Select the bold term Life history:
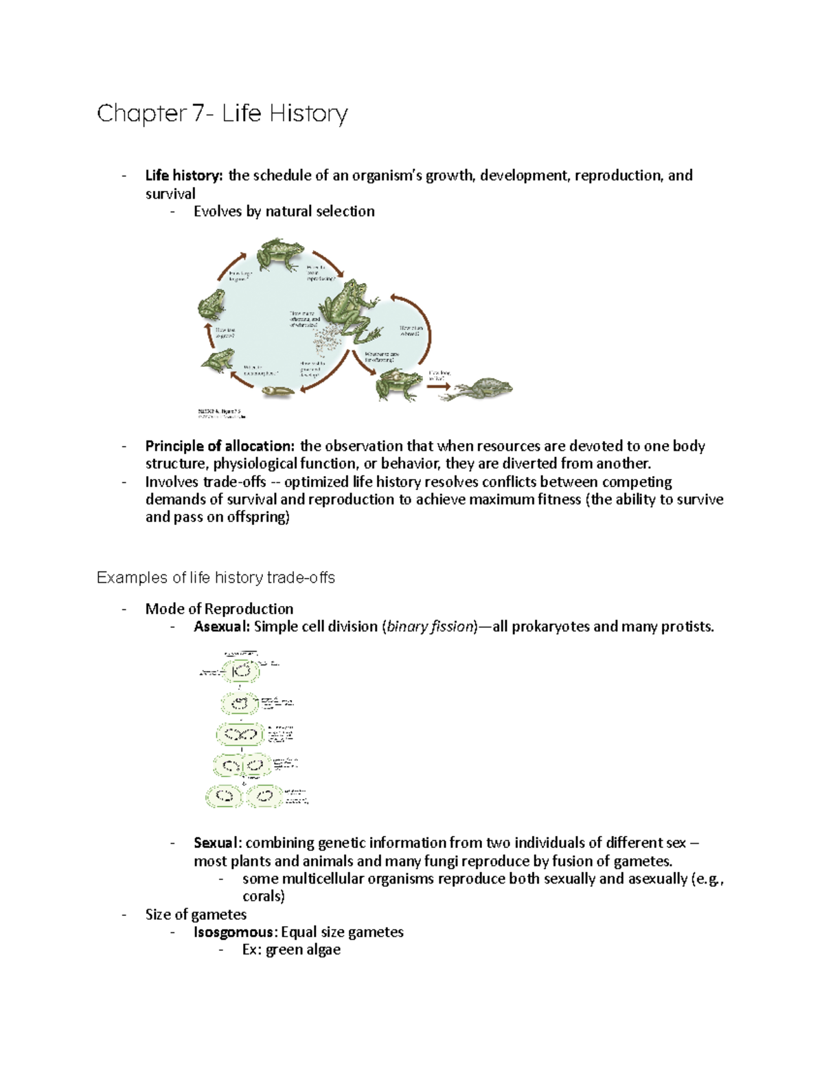(183, 176)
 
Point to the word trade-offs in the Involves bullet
(234, 482)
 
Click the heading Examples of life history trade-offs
(216, 578)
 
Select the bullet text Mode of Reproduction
(219, 609)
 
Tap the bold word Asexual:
(222, 627)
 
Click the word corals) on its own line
(263, 897)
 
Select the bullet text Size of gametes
(196, 914)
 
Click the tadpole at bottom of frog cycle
(278, 392)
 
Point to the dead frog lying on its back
(484, 388)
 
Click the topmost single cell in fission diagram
(241, 671)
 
